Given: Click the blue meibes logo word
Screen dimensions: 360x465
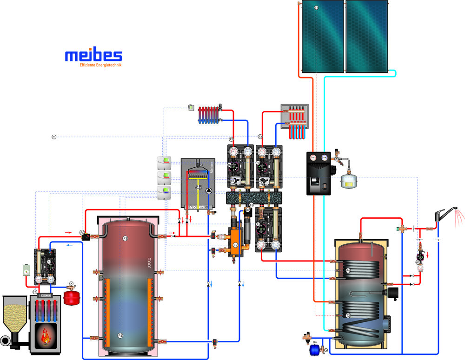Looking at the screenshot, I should [93, 55].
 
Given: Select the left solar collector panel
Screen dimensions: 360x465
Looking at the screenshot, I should [322, 36].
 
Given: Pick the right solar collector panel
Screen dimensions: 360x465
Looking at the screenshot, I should [366, 36].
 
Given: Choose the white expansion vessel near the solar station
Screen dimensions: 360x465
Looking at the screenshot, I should [347, 181].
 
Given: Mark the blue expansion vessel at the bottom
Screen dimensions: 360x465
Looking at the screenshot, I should [313, 349].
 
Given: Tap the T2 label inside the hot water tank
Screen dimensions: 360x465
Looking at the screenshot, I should [348, 315].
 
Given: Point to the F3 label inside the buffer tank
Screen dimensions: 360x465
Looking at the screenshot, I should [125, 238].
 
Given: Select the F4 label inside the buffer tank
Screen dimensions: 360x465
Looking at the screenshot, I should [120, 335].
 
